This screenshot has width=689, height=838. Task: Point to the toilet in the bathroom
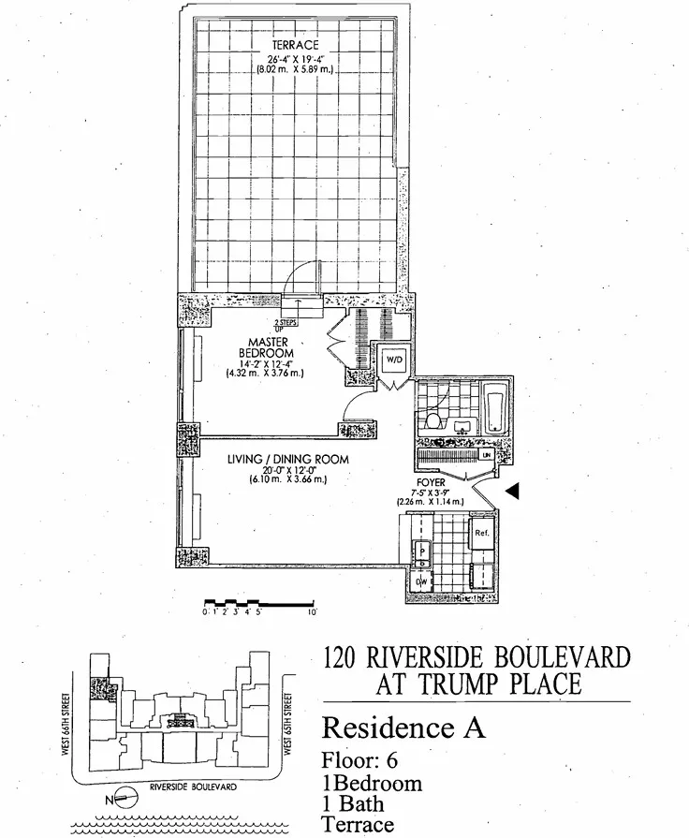tap(432, 420)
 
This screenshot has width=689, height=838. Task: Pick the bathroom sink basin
tap(461, 426)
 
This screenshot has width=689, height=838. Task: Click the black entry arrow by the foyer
tap(510, 490)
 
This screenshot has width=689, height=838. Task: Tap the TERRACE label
tap(295, 45)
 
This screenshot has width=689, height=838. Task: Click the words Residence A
tap(403, 727)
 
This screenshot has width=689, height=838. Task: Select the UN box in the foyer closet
tap(486, 454)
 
